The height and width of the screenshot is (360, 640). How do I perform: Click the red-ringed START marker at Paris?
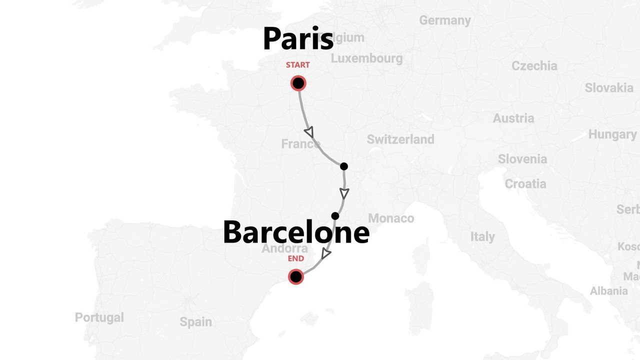tap(298, 83)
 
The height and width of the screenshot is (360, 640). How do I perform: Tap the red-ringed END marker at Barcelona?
tap(296, 276)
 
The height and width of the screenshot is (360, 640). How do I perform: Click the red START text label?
tap(297, 65)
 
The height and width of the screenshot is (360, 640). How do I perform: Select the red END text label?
tap(296, 258)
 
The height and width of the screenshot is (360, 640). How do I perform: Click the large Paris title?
tap(298, 39)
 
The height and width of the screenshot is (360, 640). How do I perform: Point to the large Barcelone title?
tap(296, 232)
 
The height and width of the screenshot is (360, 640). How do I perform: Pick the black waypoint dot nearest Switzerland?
tap(343, 166)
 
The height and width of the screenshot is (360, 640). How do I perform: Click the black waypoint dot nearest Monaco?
tap(335, 216)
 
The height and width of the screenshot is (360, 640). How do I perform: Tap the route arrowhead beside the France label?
tap(309, 132)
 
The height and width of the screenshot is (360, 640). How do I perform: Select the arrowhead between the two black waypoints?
tap(344, 193)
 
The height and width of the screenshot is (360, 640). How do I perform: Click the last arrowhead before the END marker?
tap(325, 254)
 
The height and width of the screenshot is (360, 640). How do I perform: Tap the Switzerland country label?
tap(400, 139)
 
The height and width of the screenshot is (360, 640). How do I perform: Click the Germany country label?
tap(445, 20)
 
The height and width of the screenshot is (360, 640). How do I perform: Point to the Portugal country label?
tap(99, 317)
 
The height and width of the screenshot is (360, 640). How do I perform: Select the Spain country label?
tap(195, 322)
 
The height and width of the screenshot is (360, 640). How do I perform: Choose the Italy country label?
tap(482, 236)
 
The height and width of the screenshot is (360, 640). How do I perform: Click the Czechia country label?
tap(534, 66)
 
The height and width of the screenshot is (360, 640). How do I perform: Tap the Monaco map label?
tap(391, 218)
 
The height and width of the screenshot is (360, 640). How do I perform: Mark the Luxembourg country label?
tap(366, 58)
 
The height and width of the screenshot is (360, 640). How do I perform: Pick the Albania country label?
tap(608, 291)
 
